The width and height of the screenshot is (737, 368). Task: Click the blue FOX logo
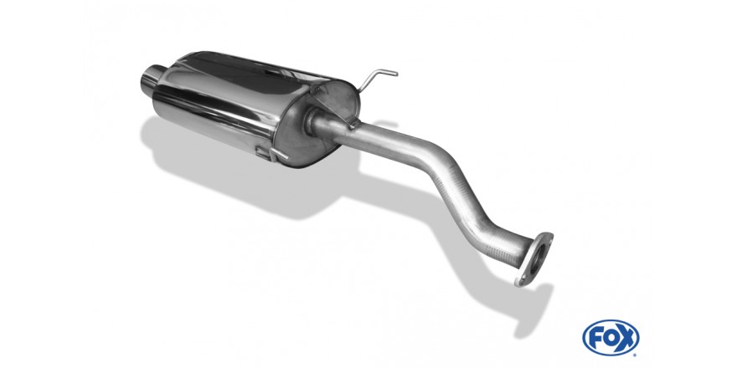[611, 338]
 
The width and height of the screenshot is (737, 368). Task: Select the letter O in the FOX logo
[610, 338]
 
